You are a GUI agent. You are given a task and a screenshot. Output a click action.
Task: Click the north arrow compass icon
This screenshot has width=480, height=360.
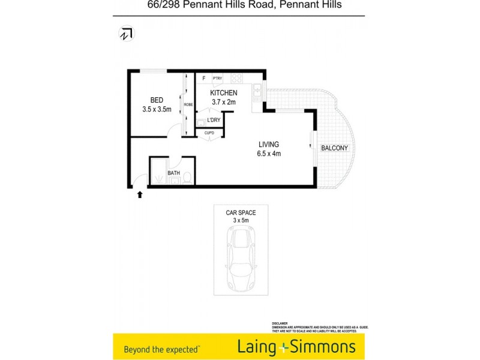point(126,34)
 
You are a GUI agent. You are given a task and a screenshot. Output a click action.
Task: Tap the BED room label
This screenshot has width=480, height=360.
point(157,100)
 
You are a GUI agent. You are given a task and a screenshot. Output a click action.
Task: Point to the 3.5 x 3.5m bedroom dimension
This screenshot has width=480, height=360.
point(157,109)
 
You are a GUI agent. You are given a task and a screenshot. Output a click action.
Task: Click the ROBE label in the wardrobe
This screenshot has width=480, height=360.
point(188,105)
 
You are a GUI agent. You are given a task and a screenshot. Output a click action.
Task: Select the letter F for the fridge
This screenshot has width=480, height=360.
point(204,79)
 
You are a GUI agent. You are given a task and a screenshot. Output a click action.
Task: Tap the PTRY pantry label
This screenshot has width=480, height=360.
point(217,79)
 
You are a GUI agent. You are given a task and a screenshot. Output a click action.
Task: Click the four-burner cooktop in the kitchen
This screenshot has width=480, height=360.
point(236,78)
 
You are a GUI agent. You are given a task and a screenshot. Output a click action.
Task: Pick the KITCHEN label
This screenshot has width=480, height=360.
point(224,93)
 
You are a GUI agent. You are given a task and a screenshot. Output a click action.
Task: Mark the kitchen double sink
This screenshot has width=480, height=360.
point(257,92)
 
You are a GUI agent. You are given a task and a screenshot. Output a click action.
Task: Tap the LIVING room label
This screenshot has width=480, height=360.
point(269,144)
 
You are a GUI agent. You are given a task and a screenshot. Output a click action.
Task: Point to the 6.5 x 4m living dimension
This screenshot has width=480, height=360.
point(269,154)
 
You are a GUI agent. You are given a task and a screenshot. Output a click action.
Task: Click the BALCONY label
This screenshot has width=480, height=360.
point(335,148)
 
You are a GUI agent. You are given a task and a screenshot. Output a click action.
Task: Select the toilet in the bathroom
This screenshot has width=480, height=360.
point(187,178)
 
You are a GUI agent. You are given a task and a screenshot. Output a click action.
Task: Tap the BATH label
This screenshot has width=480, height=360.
point(174,173)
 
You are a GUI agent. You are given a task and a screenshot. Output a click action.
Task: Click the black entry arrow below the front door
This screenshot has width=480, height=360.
point(140,194)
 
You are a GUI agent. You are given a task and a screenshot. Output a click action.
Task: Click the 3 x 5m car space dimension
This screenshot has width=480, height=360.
point(241,221)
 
